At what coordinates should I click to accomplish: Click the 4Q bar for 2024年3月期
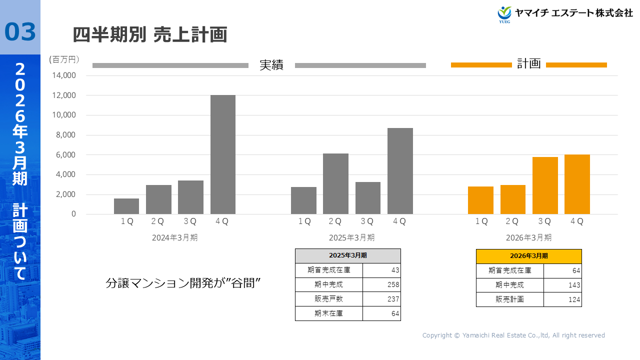point(222,154)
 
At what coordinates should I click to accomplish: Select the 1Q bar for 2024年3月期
point(126,206)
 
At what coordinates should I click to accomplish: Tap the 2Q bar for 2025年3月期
point(335,183)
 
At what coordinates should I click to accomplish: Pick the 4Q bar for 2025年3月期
point(400,171)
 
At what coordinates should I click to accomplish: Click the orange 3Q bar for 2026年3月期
point(545,185)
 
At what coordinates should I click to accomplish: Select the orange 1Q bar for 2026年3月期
point(480,200)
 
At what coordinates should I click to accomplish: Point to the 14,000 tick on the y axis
point(63,75)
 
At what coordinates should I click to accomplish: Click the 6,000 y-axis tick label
point(65,155)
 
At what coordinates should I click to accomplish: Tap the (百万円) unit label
point(64,59)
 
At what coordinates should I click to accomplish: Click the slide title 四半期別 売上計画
point(150,34)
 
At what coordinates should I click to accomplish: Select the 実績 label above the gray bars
point(271,65)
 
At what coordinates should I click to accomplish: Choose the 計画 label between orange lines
point(528,64)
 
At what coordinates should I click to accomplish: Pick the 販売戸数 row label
point(328,299)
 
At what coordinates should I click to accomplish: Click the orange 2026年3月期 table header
point(528,256)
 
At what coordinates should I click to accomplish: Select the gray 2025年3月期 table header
point(347,255)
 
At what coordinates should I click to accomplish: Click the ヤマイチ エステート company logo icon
point(504,14)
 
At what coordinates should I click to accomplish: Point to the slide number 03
point(20,31)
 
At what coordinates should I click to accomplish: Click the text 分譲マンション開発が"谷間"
point(184,283)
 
